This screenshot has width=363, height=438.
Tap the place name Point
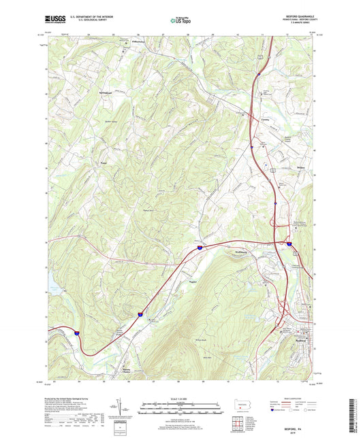pyautogui.click(x=104, y=163)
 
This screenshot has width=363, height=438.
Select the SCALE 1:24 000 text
pyautogui.click(x=180, y=399)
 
